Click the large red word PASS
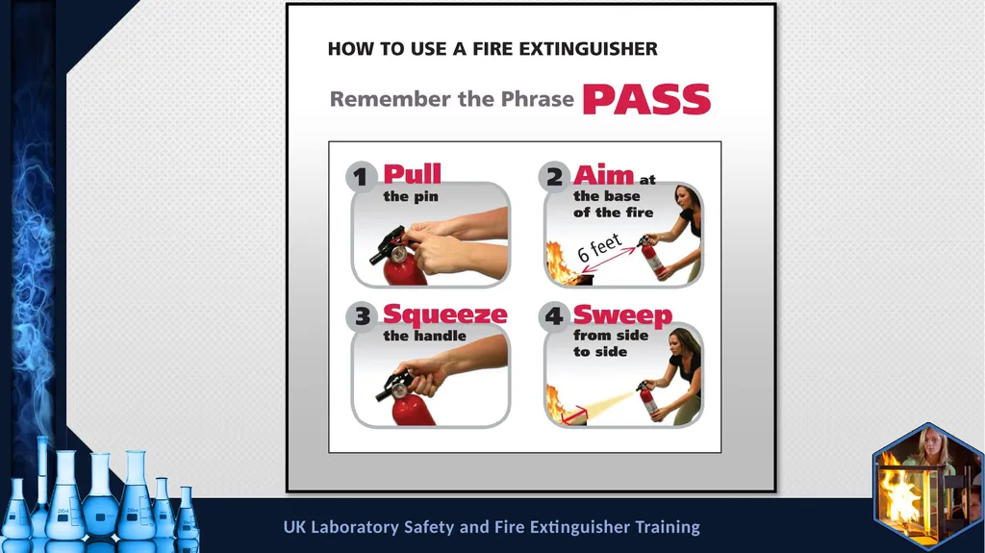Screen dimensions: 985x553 pyautogui.click(x=647, y=99)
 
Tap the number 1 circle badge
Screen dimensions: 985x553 pyautogui.click(x=361, y=177)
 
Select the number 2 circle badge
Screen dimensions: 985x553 pyautogui.click(x=554, y=177)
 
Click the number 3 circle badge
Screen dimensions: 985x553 pyautogui.click(x=362, y=316)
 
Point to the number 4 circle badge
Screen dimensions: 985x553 pyautogui.click(x=554, y=316)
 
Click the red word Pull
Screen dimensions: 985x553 pyautogui.click(x=412, y=174)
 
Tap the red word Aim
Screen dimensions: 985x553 pyautogui.click(x=603, y=175)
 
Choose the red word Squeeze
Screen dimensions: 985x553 pyautogui.click(x=444, y=314)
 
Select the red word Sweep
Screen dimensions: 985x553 pyautogui.click(x=622, y=314)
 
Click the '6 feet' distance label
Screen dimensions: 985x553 pyautogui.click(x=599, y=247)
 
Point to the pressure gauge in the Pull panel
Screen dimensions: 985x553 pyautogui.click(x=398, y=254)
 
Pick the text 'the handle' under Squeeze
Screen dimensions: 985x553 pyautogui.click(x=424, y=337)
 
